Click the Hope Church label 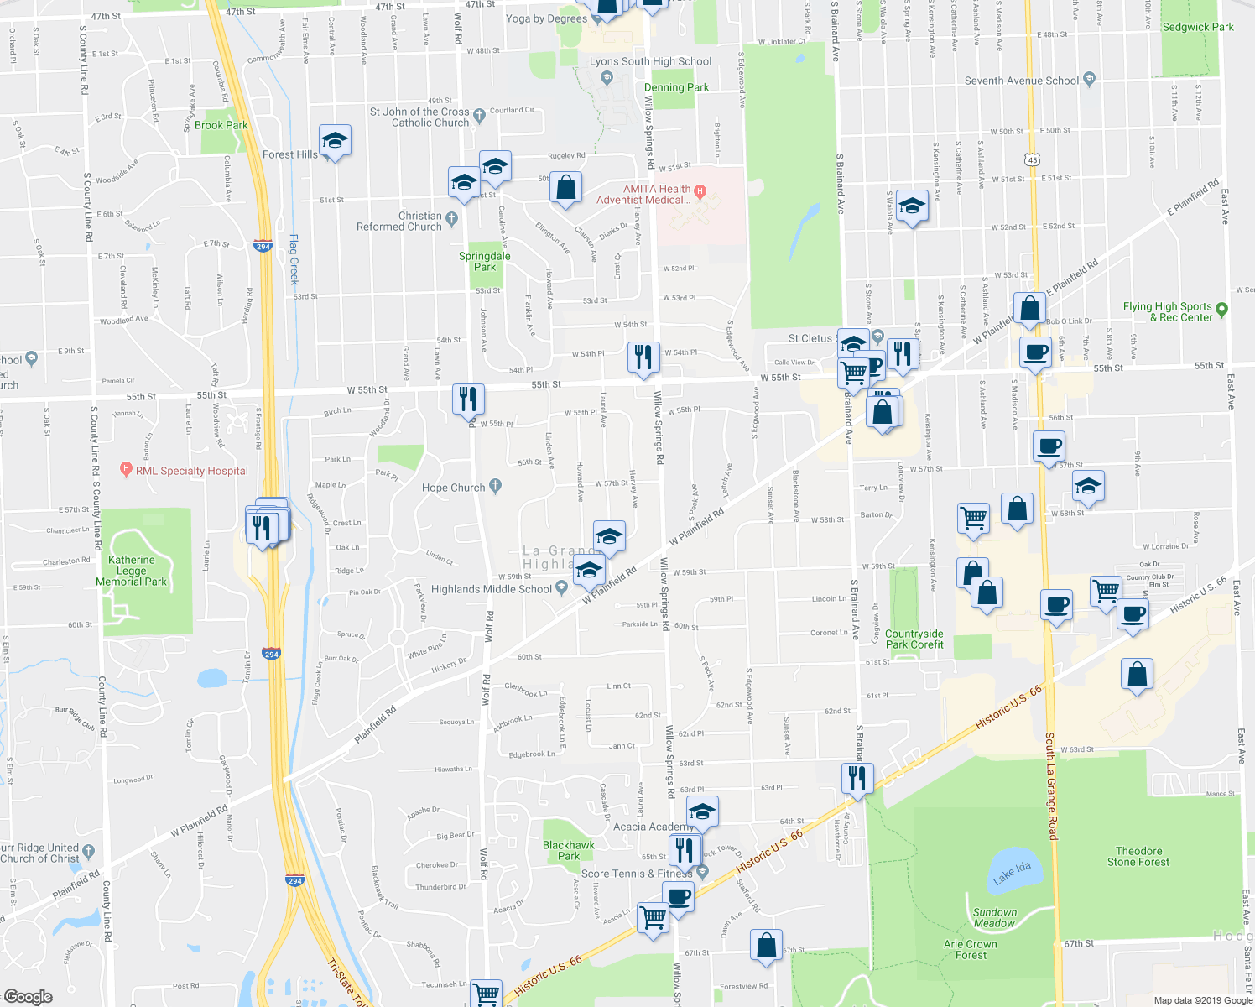[x=454, y=488]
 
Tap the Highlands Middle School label [x=492, y=589]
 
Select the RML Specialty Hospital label [x=192, y=471]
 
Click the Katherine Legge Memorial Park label [x=132, y=571]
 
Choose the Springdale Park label [x=485, y=262]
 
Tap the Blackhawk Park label [x=569, y=850]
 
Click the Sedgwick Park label [x=1198, y=27]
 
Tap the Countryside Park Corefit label [x=914, y=639]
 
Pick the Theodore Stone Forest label [x=1138, y=856]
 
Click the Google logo [x=29, y=996]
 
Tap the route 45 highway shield [x=1032, y=159]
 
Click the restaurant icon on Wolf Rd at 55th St [x=468, y=398]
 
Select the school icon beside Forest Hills [x=335, y=140]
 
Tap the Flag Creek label [x=294, y=260]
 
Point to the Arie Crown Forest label [x=971, y=949]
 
